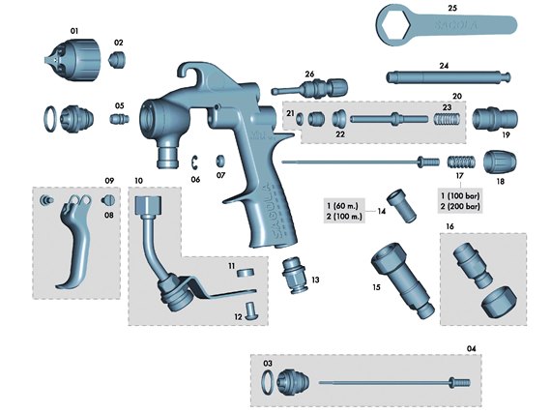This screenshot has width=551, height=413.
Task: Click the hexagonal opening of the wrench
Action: coord(396,26)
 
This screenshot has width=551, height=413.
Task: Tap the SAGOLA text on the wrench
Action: coord(455,25)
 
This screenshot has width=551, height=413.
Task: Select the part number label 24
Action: coord(444,66)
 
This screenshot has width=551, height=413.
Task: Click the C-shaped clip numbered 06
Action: coord(195,162)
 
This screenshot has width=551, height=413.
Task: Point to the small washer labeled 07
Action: coord(220,161)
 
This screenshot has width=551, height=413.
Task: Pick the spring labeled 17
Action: coord(462,162)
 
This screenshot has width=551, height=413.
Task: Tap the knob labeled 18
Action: coord(500,162)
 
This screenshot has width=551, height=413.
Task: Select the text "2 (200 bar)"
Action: coord(460,206)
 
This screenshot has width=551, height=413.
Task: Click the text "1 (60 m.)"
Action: coord(342,206)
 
